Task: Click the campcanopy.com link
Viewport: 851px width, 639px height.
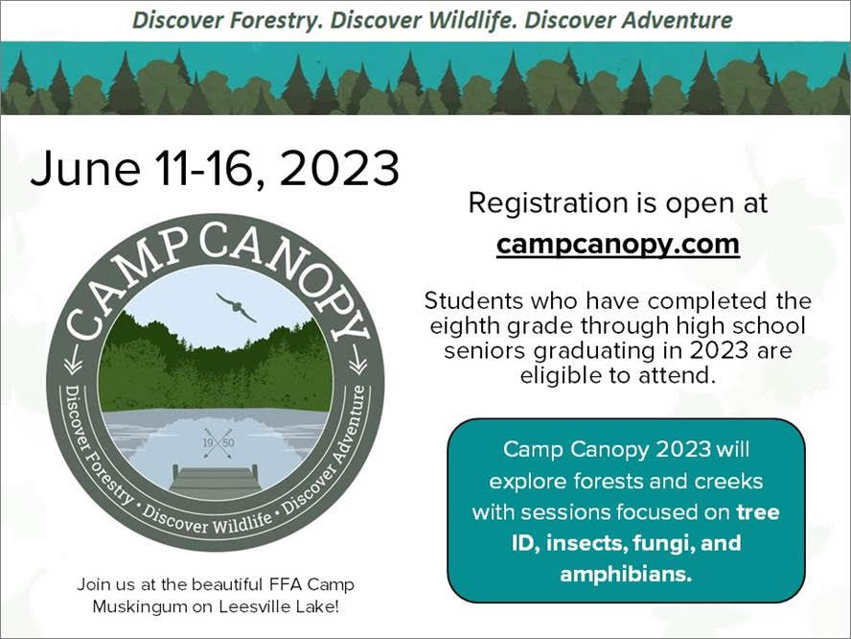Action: pos(617,245)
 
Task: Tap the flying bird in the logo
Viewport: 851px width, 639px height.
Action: pos(236,307)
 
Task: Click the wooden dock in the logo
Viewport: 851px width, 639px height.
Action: pos(216,480)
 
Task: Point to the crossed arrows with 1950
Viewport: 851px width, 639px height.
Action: pos(218,443)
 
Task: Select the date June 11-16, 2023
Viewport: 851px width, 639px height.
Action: pos(215,169)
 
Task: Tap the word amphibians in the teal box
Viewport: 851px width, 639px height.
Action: pos(626,575)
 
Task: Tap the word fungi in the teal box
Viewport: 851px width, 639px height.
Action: pos(663,543)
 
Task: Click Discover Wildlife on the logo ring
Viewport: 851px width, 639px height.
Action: pos(207,519)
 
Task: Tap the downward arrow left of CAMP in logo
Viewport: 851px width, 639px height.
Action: pos(72,360)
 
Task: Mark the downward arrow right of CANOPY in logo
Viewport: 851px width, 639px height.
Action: pos(357,360)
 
